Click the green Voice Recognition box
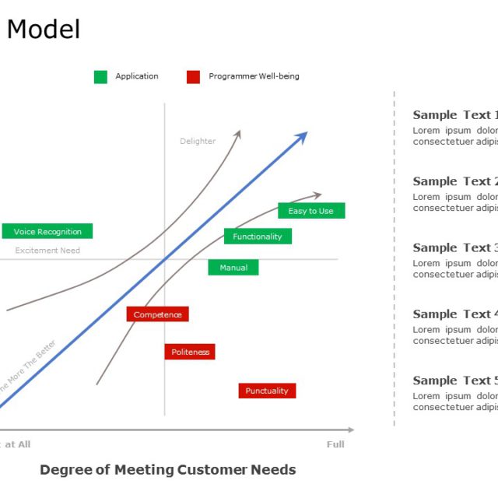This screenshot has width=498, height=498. (47, 231)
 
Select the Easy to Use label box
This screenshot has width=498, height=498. (310, 211)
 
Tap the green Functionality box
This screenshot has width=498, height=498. (258, 236)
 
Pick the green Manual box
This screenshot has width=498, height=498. (233, 268)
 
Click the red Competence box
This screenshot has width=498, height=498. (157, 314)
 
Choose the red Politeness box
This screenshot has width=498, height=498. (190, 352)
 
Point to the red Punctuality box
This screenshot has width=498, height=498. (267, 391)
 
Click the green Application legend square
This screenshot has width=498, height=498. (100, 76)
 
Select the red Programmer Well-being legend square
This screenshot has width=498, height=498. (193, 76)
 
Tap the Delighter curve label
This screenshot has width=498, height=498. (198, 141)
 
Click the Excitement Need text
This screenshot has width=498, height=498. (47, 251)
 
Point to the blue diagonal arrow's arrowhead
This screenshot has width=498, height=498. (303, 136)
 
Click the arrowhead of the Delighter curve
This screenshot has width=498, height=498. (238, 134)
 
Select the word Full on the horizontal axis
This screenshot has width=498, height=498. (335, 444)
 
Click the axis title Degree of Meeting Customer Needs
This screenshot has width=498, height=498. (167, 469)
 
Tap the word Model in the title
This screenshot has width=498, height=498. (44, 30)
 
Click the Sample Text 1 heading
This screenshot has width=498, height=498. (455, 115)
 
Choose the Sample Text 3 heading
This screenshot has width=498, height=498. (455, 247)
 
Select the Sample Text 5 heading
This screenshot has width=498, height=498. (455, 381)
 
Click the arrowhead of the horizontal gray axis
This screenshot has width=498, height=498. (350, 430)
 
